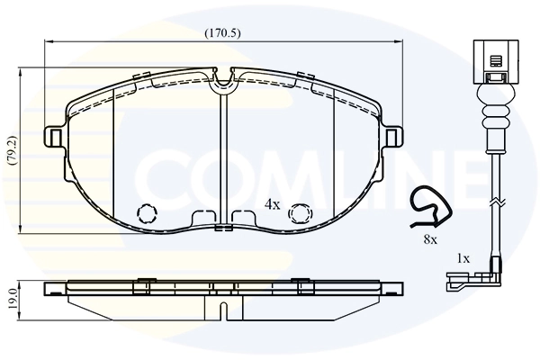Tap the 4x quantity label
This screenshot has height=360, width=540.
pos(273,205)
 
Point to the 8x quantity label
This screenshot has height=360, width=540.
pos(430,239)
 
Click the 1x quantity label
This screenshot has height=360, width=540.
pos(463,258)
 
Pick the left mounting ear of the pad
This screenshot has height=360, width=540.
pos(54,137)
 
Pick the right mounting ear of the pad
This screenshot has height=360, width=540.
pos(391,137)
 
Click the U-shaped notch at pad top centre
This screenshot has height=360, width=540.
pos(222,86)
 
